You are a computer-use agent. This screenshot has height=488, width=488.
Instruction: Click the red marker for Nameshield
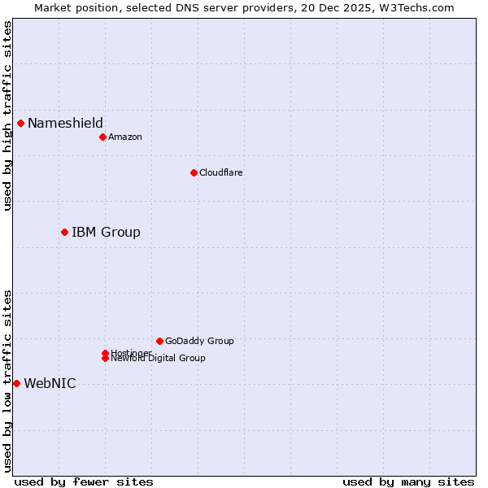point(20,124)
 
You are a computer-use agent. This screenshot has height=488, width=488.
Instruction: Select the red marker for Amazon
point(102,137)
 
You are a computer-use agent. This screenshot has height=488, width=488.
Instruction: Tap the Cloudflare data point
point(194,172)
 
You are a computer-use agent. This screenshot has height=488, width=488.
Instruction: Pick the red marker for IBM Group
point(64,233)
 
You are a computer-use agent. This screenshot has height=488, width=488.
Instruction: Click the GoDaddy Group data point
point(159,341)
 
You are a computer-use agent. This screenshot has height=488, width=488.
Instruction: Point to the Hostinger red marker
point(105,353)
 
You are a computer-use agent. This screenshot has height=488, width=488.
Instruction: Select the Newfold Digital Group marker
point(105,359)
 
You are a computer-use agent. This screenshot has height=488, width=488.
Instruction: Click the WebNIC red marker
point(16,383)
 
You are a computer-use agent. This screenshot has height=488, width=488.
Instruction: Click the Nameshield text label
point(65,124)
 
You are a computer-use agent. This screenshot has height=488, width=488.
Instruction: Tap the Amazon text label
point(125,137)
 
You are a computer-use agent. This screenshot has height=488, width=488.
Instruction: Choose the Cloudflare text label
point(221,172)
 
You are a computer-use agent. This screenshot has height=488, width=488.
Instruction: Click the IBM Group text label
point(106,233)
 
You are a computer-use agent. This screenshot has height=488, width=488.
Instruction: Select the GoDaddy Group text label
point(199,341)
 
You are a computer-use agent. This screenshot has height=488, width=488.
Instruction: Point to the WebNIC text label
point(50,384)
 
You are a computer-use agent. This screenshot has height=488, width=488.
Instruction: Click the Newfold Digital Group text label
point(159,359)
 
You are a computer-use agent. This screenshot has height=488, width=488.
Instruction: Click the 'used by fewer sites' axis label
point(84,482)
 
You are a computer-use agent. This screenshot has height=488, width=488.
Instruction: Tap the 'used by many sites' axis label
point(408,482)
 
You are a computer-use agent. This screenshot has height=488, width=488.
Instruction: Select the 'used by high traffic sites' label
point(7,115)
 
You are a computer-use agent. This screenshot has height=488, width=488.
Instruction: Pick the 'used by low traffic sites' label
point(7,381)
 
